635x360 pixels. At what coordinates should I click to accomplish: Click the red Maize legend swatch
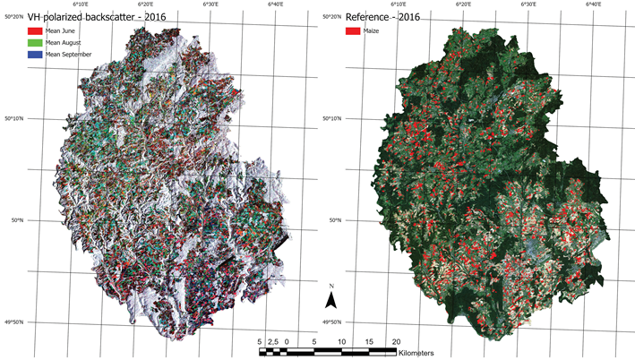pos(352,31)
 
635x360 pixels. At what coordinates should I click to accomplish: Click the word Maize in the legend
pos(373,31)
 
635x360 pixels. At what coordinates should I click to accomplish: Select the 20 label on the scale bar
pos(396,341)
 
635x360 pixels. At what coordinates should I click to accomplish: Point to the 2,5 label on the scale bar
pos(273,341)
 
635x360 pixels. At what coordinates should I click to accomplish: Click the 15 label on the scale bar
pos(369,341)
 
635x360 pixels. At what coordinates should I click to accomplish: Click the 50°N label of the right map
pos(333,220)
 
